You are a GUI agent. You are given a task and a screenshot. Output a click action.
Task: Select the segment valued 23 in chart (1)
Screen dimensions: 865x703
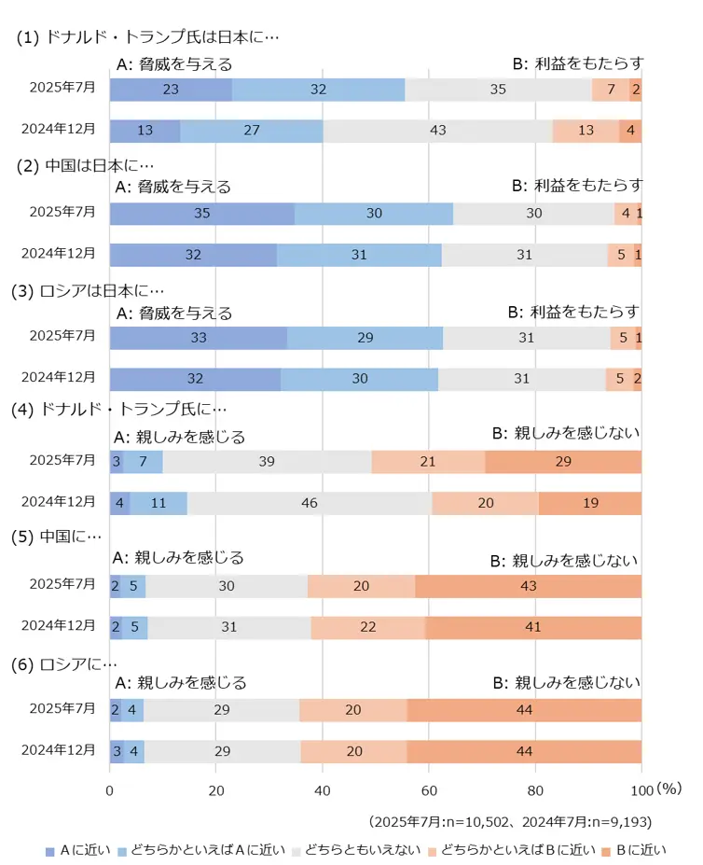(x=171, y=90)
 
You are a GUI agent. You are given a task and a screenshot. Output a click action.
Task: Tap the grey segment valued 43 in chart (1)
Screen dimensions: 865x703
(x=437, y=130)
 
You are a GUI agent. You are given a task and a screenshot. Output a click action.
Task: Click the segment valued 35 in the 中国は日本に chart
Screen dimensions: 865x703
(x=201, y=213)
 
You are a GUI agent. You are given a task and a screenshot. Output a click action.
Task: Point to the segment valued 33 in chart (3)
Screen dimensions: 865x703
(x=198, y=337)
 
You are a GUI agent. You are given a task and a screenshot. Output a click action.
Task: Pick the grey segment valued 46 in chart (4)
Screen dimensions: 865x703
(x=310, y=503)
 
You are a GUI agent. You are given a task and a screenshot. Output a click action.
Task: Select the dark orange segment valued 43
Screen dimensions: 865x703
(x=528, y=586)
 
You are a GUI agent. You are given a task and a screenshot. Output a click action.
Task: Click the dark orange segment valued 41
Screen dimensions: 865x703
(x=532, y=627)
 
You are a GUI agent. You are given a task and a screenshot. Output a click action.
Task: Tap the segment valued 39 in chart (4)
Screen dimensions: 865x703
(x=267, y=462)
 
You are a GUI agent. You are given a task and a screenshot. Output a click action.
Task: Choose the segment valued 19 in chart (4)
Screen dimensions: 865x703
(x=590, y=503)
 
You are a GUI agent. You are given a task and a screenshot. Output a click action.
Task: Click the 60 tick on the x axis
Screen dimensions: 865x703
(x=429, y=788)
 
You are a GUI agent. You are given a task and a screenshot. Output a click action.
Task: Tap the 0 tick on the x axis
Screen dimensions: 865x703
(x=110, y=788)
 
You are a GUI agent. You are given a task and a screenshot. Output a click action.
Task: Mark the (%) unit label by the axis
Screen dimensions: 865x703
(x=669, y=788)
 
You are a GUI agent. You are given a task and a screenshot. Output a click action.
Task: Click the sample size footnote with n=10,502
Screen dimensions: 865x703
(x=510, y=821)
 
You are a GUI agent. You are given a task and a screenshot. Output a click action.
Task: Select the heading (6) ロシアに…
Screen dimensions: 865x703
(x=64, y=664)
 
